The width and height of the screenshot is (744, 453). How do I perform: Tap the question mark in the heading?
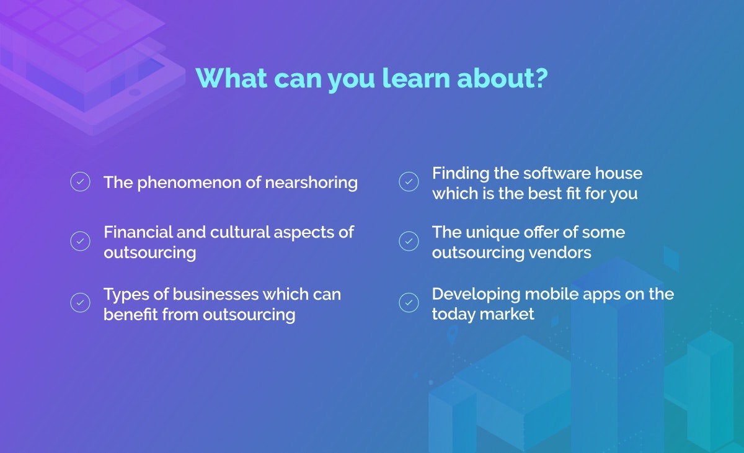pyautogui.click(x=541, y=78)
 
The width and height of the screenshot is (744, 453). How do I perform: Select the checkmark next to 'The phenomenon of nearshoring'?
pyautogui.click(x=80, y=182)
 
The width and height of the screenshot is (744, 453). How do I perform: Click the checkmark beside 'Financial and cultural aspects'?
pyautogui.click(x=80, y=241)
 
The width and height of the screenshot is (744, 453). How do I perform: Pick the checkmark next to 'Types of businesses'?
pyautogui.click(x=80, y=303)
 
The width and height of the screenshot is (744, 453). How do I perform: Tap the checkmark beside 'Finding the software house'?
pyautogui.click(x=409, y=182)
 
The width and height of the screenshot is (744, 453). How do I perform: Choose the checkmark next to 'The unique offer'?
pyautogui.click(x=409, y=241)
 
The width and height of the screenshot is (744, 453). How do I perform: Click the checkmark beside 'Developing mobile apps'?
pyautogui.click(x=409, y=303)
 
